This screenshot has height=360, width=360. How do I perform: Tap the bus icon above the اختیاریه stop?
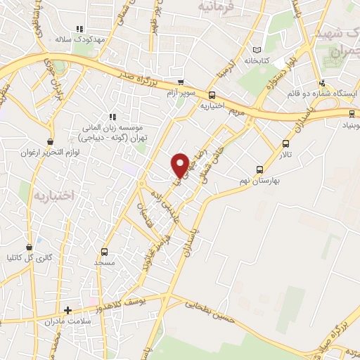(212, 96)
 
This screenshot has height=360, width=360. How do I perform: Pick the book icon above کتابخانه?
(256, 49)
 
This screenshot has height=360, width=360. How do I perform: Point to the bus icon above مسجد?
(105, 252)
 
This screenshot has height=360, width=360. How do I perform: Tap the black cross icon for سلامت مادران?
(67, 309)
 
